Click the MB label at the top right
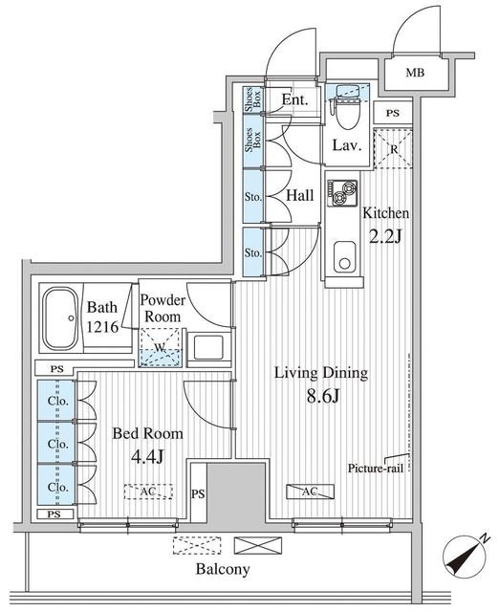click(415, 73)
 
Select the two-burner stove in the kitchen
click(342, 193)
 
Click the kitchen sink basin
click(344, 257)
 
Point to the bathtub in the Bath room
click(61, 318)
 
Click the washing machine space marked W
click(161, 347)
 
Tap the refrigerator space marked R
click(393, 148)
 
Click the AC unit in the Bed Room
click(148, 492)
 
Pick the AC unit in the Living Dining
click(310, 492)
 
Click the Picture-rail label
click(376, 469)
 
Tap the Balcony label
click(223, 569)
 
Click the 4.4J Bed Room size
click(147, 456)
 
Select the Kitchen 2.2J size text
click(385, 236)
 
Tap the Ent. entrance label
click(295, 99)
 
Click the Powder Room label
click(163, 308)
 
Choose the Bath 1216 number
click(102, 327)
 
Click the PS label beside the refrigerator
click(393, 113)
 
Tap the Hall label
click(299, 195)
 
